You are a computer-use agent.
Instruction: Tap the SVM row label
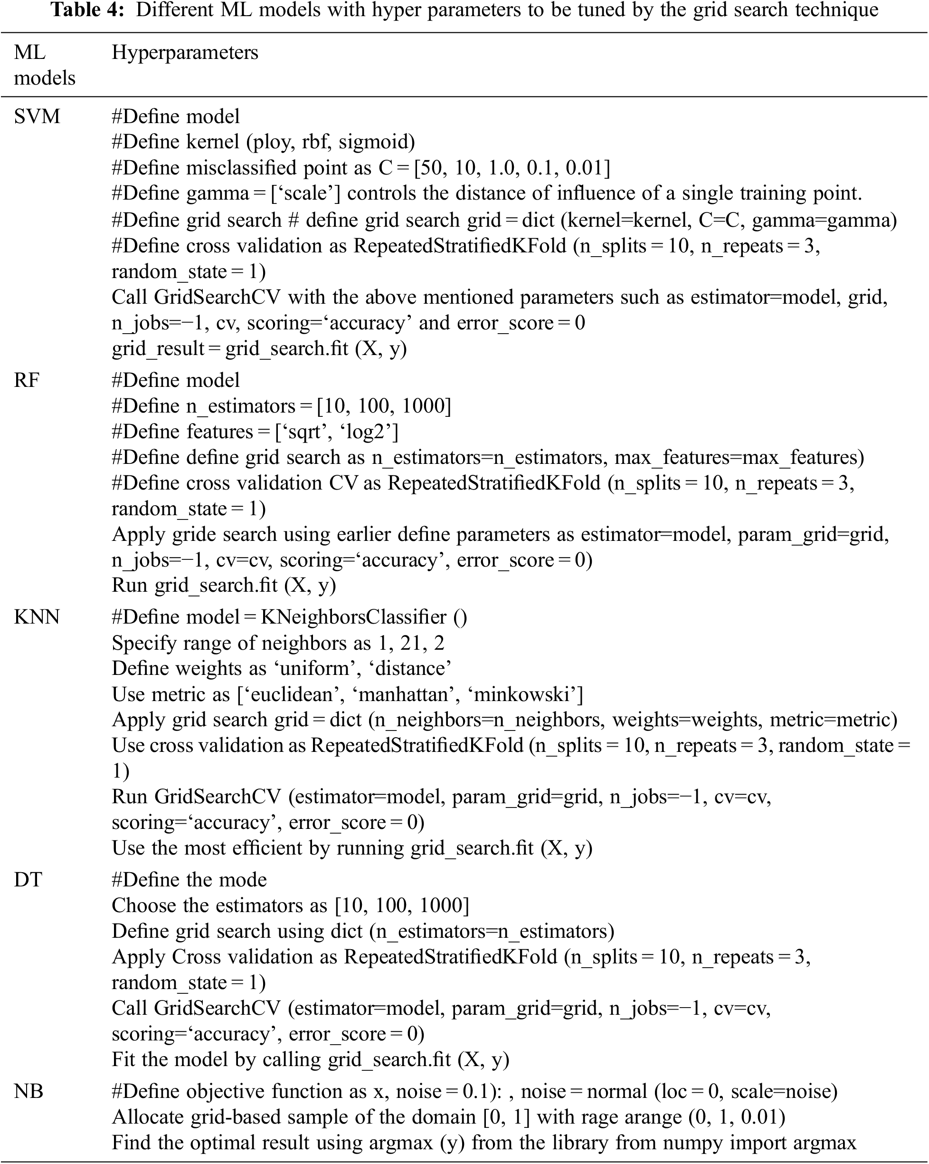tap(37, 116)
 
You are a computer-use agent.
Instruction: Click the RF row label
tap(27, 380)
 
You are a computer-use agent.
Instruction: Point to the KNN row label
tap(37, 616)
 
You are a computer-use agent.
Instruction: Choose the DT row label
tap(28, 879)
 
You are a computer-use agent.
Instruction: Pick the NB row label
tap(28, 1091)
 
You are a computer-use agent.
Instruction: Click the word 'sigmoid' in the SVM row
tap(377, 142)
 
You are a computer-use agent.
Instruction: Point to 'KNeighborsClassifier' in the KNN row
tap(353, 616)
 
